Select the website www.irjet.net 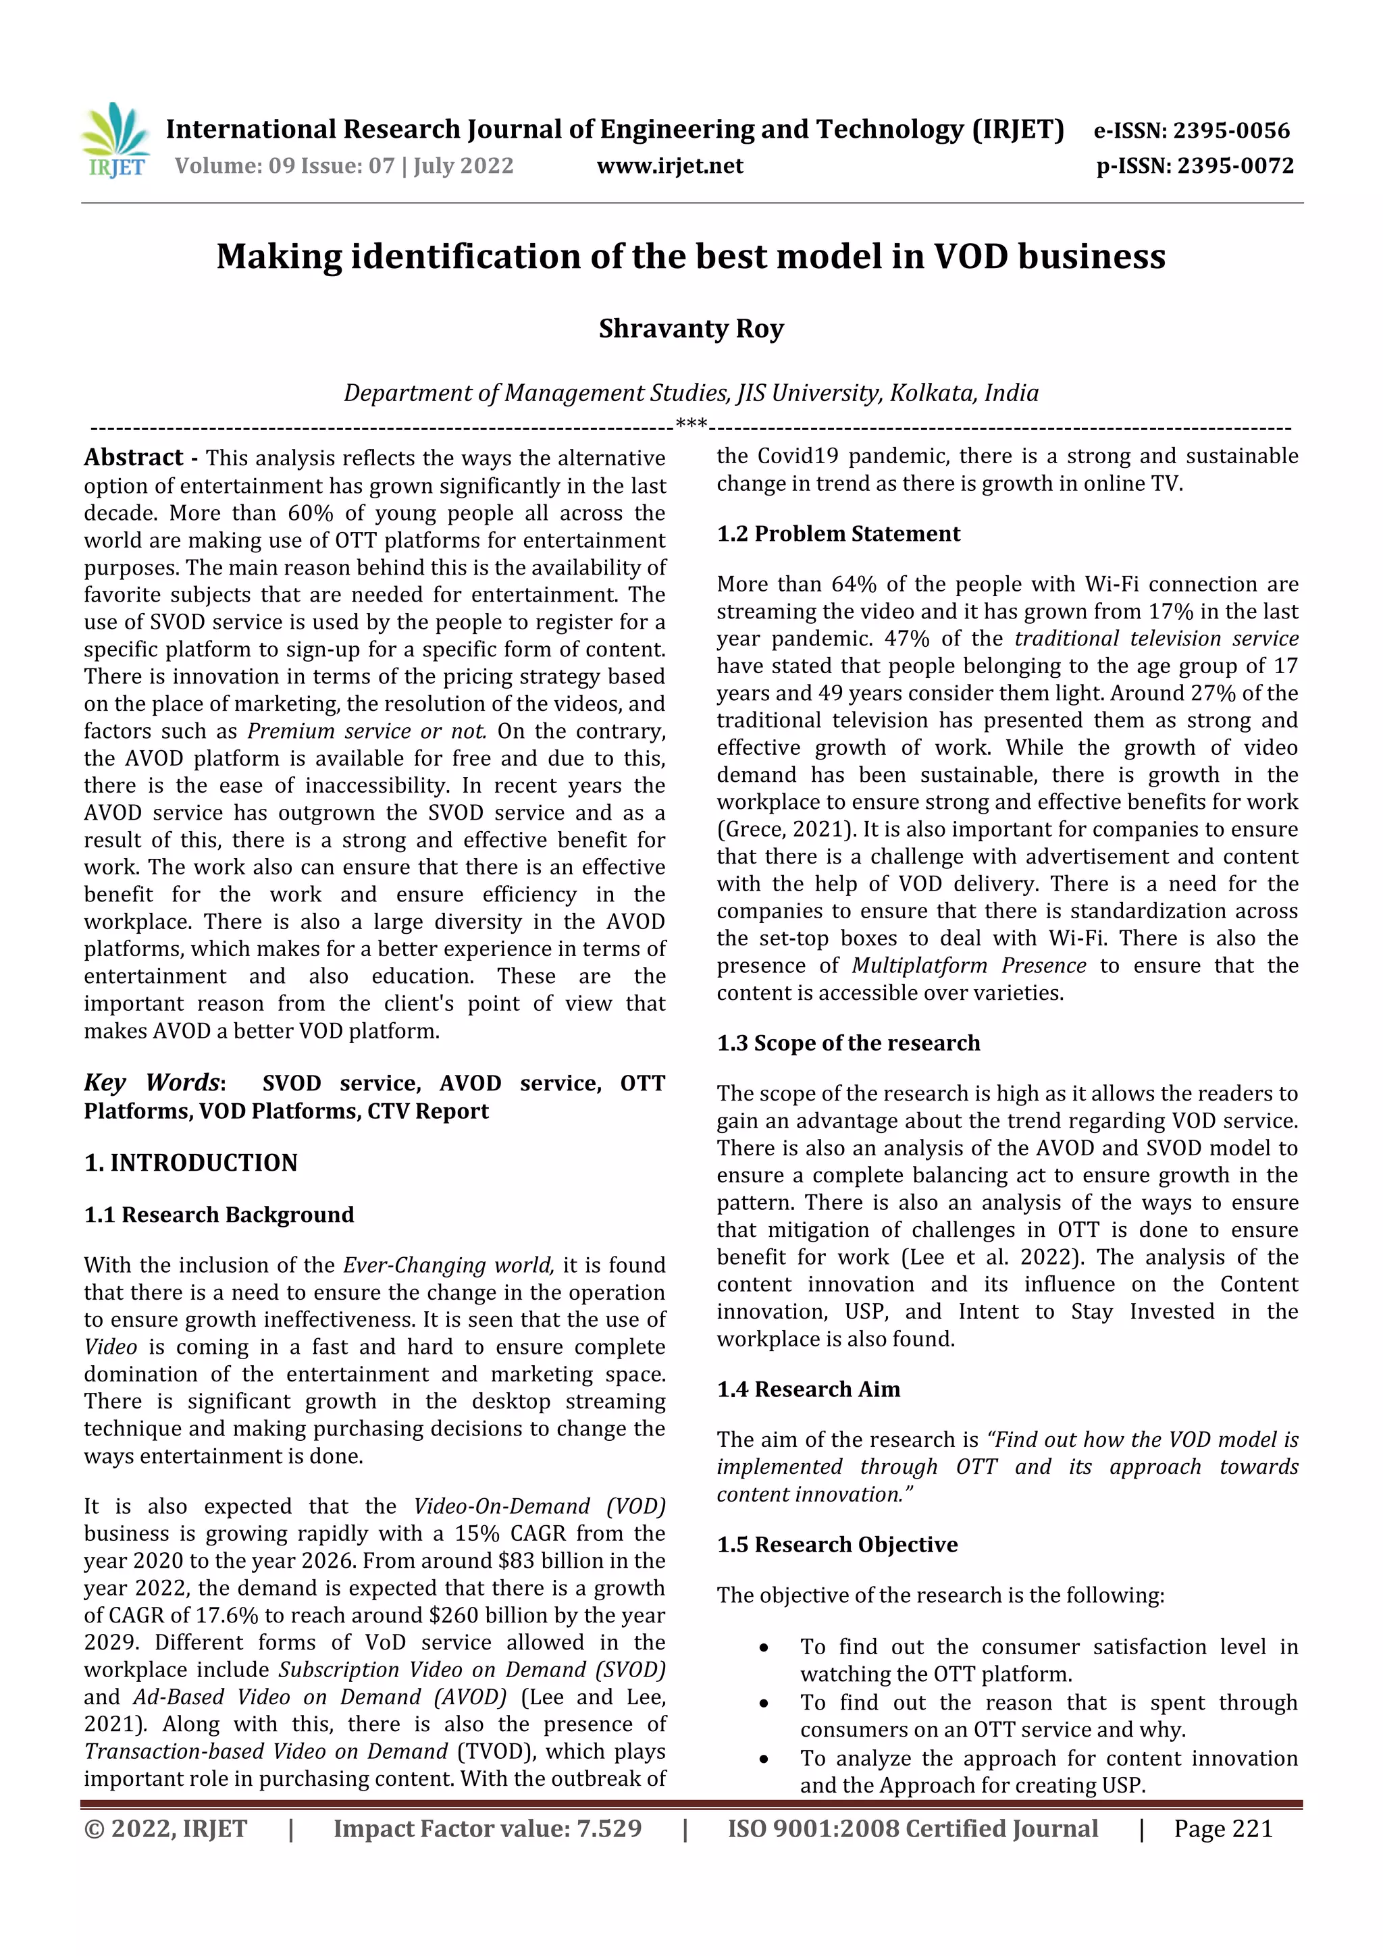670,165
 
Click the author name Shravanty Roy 691,328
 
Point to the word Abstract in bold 134,458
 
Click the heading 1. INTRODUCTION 191,1162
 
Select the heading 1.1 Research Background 219,1214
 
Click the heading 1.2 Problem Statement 839,533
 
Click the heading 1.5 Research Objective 837,1545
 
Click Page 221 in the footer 1223,1828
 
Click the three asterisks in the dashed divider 691,424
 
